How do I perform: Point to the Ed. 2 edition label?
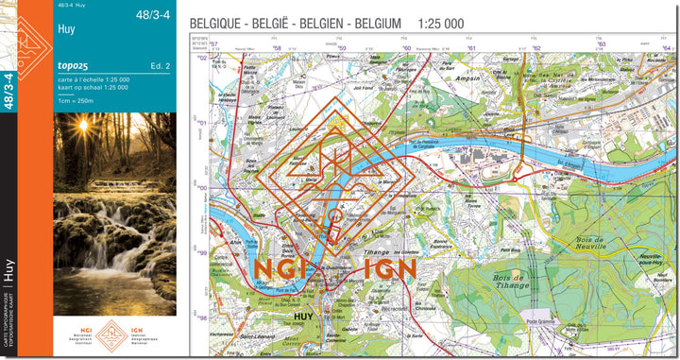click(x=160, y=66)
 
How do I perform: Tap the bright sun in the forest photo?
click(x=82, y=126)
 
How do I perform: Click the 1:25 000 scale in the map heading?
click(x=440, y=23)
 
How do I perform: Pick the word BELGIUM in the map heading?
click(x=380, y=23)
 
